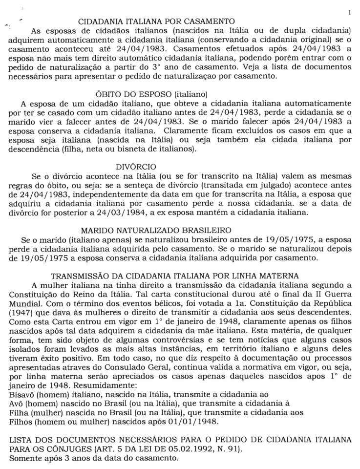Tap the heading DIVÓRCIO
(x=136, y=166)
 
